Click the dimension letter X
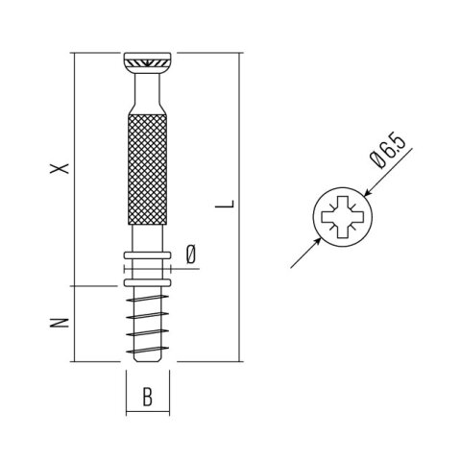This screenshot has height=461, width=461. coord(60,168)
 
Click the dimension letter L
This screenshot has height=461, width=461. coord(225,204)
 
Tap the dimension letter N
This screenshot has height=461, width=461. coord(60,323)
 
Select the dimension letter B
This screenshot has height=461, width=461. coord(147,397)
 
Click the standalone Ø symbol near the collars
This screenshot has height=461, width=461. coord(191,255)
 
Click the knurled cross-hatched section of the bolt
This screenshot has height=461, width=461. coord(147,169)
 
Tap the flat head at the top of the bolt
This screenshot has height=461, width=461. coord(148,63)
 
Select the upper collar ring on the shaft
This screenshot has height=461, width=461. coord(147,255)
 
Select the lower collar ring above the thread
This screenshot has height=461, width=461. coord(147,282)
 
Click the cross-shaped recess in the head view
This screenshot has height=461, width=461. coord(343,217)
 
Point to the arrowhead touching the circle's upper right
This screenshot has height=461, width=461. coord(368,193)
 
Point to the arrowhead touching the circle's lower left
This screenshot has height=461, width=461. coord(317,241)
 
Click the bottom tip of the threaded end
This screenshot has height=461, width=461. coord(147,360)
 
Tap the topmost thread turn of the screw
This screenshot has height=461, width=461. coord(147,299)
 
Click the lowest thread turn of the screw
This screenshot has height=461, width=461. coord(147,350)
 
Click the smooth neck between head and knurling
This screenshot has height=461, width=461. coord(147,93)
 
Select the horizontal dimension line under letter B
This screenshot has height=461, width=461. coord(148,412)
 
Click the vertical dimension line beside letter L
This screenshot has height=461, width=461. coord(239,207)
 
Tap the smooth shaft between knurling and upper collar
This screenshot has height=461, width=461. coord(147,238)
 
